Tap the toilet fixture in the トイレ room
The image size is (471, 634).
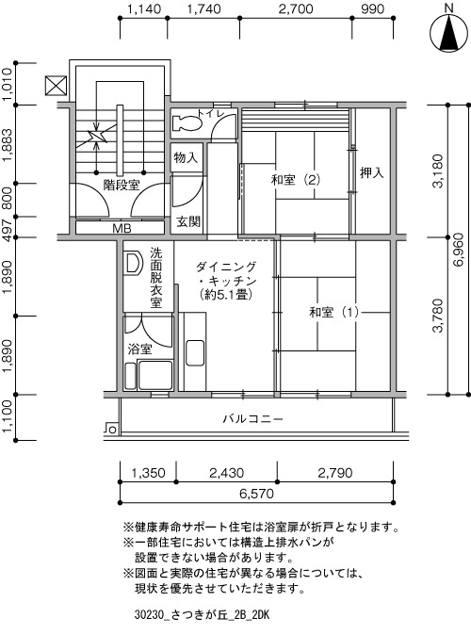pyautogui.click(x=187, y=122)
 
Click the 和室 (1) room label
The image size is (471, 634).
pyautogui.click(x=334, y=312)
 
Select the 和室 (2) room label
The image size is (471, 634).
pyautogui.click(x=296, y=180)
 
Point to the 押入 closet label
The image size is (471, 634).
pyautogui.click(x=371, y=173)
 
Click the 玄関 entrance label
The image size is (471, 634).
pyautogui.click(x=188, y=221)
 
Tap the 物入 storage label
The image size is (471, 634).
pyautogui.click(x=186, y=157)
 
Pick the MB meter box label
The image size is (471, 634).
pyautogui.click(x=122, y=229)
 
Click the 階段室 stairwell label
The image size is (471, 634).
pyautogui.click(x=122, y=186)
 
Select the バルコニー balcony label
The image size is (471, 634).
pyautogui.click(x=253, y=418)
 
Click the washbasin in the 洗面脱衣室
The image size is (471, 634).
pyautogui.click(x=133, y=263)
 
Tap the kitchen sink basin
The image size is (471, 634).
pyautogui.click(x=195, y=353)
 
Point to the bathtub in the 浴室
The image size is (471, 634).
pyautogui.click(x=155, y=375)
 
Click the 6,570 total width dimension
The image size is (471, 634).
pyautogui.click(x=256, y=494)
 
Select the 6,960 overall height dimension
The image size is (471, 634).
pyautogui.click(x=461, y=250)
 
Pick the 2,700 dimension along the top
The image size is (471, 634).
pyautogui.click(x=296, y=8)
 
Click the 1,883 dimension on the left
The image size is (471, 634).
pyautogui.click(x=7, y=145)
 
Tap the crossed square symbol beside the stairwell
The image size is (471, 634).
pyautogui.click(x=56, y=86)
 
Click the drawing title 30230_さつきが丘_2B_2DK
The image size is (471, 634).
pyautogui.click(x=202, y=615)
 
